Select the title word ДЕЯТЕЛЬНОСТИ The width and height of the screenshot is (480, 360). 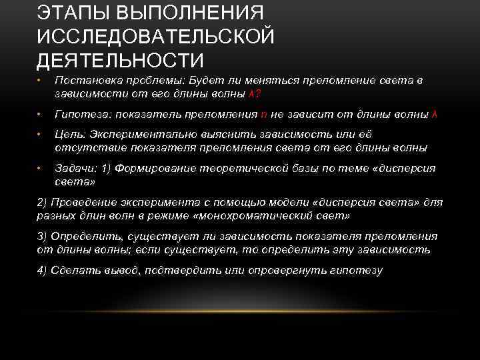point(120,60)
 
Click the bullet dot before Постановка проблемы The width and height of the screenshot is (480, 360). point(39,81)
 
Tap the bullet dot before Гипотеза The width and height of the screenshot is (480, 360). point(39,115)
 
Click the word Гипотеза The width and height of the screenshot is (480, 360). point(79,115)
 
